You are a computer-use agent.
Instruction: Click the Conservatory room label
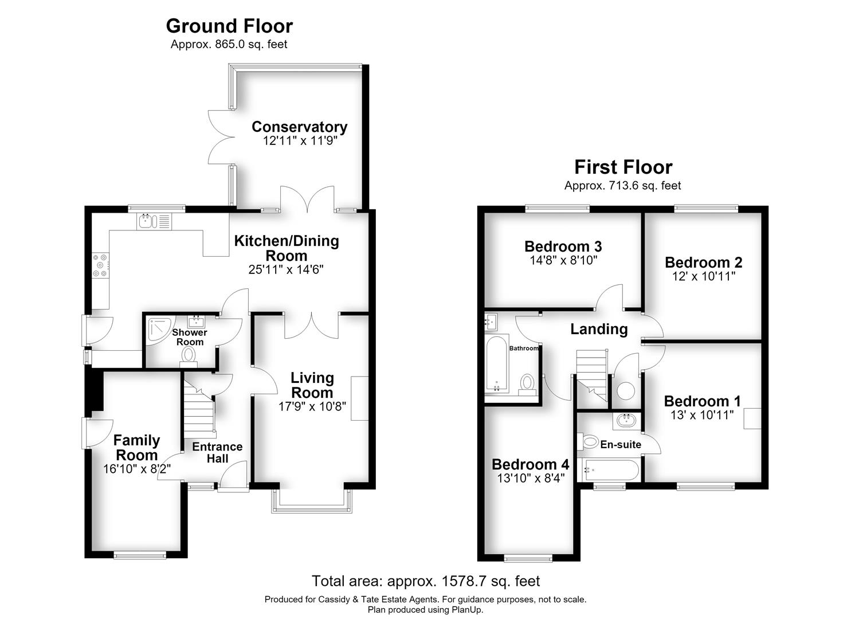click(x=299, y=127)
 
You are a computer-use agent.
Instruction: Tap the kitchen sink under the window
click(x=154, y=221)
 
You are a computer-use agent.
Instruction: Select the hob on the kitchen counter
click(x=101, y=265)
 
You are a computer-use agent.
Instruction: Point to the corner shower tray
click(x=159, y=328)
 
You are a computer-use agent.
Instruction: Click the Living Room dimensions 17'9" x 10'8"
click(x=312, y=407)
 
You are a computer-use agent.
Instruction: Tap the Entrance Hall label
click(x=217, y=452)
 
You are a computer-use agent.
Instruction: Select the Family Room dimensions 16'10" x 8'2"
click(x=137, y=469)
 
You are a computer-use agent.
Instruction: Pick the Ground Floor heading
click(x=229, y=26)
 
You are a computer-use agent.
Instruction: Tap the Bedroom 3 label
click(x=563, y=246)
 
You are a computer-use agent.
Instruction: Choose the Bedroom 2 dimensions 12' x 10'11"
click(x=704, y=276)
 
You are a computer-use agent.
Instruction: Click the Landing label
click(x=599, y=329)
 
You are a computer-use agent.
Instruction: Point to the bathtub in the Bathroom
click(x=497, y=363)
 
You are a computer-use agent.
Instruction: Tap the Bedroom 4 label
click(x=530, y=464)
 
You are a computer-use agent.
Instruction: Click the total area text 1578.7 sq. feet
click(x=491, y=581)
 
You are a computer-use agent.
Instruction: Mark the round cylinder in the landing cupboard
click(x=626, y=391)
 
